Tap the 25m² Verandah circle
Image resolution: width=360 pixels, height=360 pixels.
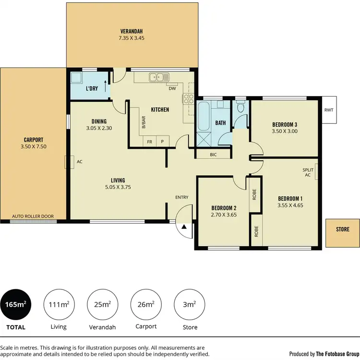pyautogui.click(x=103, y=304)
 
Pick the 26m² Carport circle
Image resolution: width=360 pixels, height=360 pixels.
pyautogui.click(x=146, y=304)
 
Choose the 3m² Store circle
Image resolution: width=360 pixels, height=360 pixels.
pyautogui.click(x=190, y=304)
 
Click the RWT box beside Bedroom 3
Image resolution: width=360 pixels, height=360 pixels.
pyautogui.click(x=329, y=110)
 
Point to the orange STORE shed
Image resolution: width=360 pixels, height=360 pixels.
pyautogui.click(x=342, y=229)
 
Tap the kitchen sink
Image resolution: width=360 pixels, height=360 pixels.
pyautogui.click(x=158, y=77)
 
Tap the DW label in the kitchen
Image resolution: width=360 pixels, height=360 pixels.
pyautogui.click(x=171, y=88)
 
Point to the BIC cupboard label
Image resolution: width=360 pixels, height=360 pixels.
pyautogui.click(x=214, y=155)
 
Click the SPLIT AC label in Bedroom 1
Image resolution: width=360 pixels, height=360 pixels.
pyautogui.click(x=308, y=173)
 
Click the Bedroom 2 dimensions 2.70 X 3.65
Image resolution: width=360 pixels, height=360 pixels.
pyautogui.click(x=225, y=215)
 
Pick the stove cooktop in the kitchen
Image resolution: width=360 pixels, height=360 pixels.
pyautogui.click(x=188, y=98)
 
